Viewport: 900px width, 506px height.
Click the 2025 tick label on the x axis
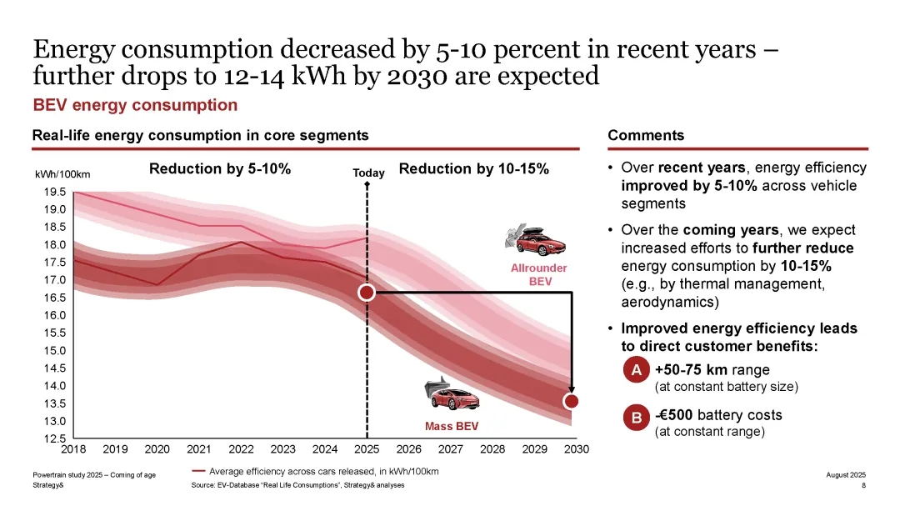point(367,449)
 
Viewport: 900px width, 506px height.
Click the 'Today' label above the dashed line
point(368,173)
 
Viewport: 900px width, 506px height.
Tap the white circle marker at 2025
point(367,293)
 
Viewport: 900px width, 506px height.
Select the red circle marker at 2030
point(572,401)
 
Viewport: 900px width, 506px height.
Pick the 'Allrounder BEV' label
point(539,274)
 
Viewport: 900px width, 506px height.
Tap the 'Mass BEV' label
point(452,427)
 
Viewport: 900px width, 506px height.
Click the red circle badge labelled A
point(636,370)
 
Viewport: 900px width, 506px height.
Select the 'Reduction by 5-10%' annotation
point(220,169)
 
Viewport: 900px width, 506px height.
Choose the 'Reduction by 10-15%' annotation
point(474,169)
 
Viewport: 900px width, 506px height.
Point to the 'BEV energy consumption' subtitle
point(135,105)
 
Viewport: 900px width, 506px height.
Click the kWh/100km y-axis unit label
point(62,174)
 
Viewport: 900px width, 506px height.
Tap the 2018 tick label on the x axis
point(73,449)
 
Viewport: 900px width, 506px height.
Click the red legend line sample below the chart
point(198,471)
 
